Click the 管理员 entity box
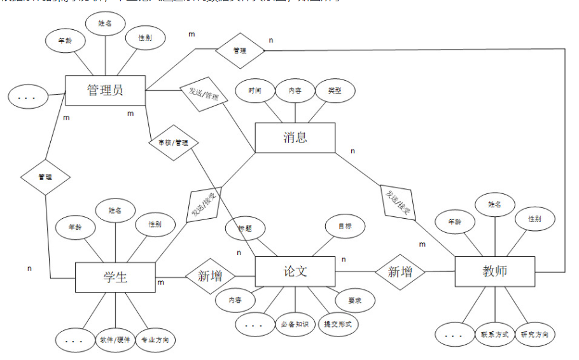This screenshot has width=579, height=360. click(x=106, y=90)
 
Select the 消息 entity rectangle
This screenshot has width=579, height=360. click(x=295, y=137)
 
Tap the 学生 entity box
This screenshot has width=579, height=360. click(x=115, y=277)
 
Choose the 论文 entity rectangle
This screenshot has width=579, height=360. click(x=295, y=272)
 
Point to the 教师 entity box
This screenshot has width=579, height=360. click(x=495, y=272)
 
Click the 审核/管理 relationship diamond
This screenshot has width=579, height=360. click(x=172, y=142)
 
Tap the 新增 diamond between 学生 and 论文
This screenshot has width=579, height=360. click(x=210, y=276)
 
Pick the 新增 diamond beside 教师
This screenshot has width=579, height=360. click(x=400, y=272)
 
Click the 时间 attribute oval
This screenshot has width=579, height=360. click(x=255, y=90)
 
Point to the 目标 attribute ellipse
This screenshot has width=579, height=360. click(x=344, y=225)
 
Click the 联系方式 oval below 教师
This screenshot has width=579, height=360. click(x=494, y=334)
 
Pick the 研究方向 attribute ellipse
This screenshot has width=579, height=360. click(x=534, y=334)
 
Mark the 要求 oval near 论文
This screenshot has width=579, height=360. click(x=354, y=300)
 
